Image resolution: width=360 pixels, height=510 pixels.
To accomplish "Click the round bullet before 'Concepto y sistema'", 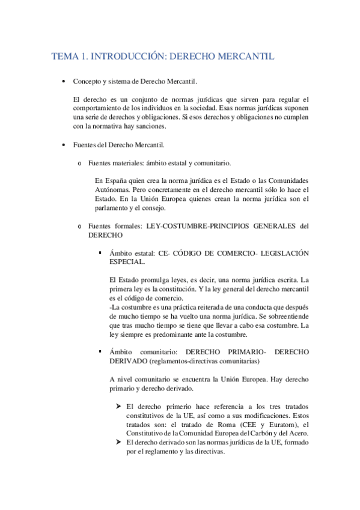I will [x=64, y=81].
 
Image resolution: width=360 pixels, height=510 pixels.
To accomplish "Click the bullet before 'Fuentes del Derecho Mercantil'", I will [x=64, y=145].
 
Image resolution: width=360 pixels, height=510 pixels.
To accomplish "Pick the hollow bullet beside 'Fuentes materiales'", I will [x=79, y=163].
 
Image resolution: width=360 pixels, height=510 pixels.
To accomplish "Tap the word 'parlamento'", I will [x=115, y=208].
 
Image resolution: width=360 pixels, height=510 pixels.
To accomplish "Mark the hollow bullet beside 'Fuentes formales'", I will [x=79, y=226].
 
